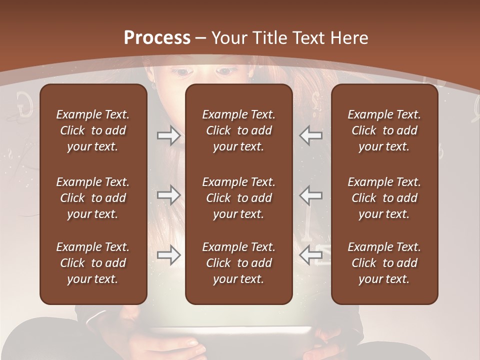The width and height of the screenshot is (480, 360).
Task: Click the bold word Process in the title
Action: pos(157,38)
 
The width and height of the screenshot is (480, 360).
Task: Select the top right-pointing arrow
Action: pos(168,135)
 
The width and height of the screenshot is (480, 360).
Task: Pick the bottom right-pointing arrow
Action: pos(168,255)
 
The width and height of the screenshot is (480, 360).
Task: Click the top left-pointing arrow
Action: pos(311,135)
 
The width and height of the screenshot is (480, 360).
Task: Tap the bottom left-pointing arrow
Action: pos(311,255)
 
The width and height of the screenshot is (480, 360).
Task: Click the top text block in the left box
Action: pos(93,130)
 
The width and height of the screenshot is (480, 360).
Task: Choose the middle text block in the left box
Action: pos(93,198)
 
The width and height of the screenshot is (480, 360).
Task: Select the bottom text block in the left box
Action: pos(93,263)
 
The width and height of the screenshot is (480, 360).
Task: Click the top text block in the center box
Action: pos(239,130)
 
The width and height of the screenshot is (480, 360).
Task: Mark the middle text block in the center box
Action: pos(239,198)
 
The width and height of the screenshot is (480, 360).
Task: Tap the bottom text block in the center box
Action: pos(239,263)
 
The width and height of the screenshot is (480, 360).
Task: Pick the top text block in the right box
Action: pos(384,130)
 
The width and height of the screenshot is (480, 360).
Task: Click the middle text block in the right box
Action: pos(384,198)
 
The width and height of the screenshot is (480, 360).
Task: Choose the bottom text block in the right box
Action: pos(384,263)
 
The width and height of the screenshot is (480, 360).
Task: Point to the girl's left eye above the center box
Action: pos(183,72)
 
